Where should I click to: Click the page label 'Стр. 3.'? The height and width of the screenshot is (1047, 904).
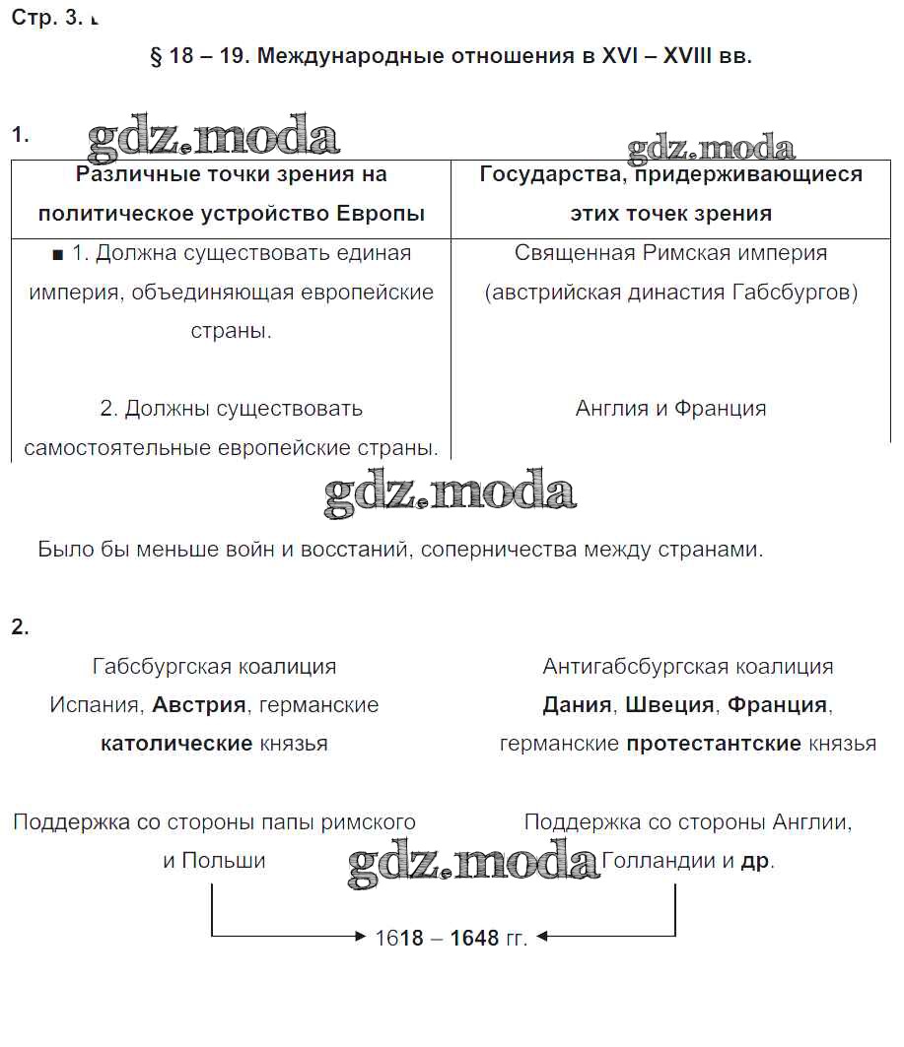[47, 19]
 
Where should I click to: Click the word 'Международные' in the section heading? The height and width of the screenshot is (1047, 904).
[338, 56]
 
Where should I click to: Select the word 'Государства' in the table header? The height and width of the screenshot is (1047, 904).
[549, 174]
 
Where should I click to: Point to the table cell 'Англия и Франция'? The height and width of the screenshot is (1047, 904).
[670, 408]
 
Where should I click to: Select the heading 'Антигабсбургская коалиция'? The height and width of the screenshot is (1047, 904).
[687, 667]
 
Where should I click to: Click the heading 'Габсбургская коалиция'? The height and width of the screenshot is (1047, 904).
[214, 667]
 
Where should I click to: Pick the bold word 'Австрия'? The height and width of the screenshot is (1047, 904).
[198, 705]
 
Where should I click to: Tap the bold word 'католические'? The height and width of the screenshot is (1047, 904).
[176, 744]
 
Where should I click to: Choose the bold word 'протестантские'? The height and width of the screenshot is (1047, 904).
[713, 744]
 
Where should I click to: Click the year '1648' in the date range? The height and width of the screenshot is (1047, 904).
[474, 938]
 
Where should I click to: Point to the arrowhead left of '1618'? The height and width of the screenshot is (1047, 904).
[361, 937]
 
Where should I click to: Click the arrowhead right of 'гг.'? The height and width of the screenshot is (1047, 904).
[542, 937]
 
